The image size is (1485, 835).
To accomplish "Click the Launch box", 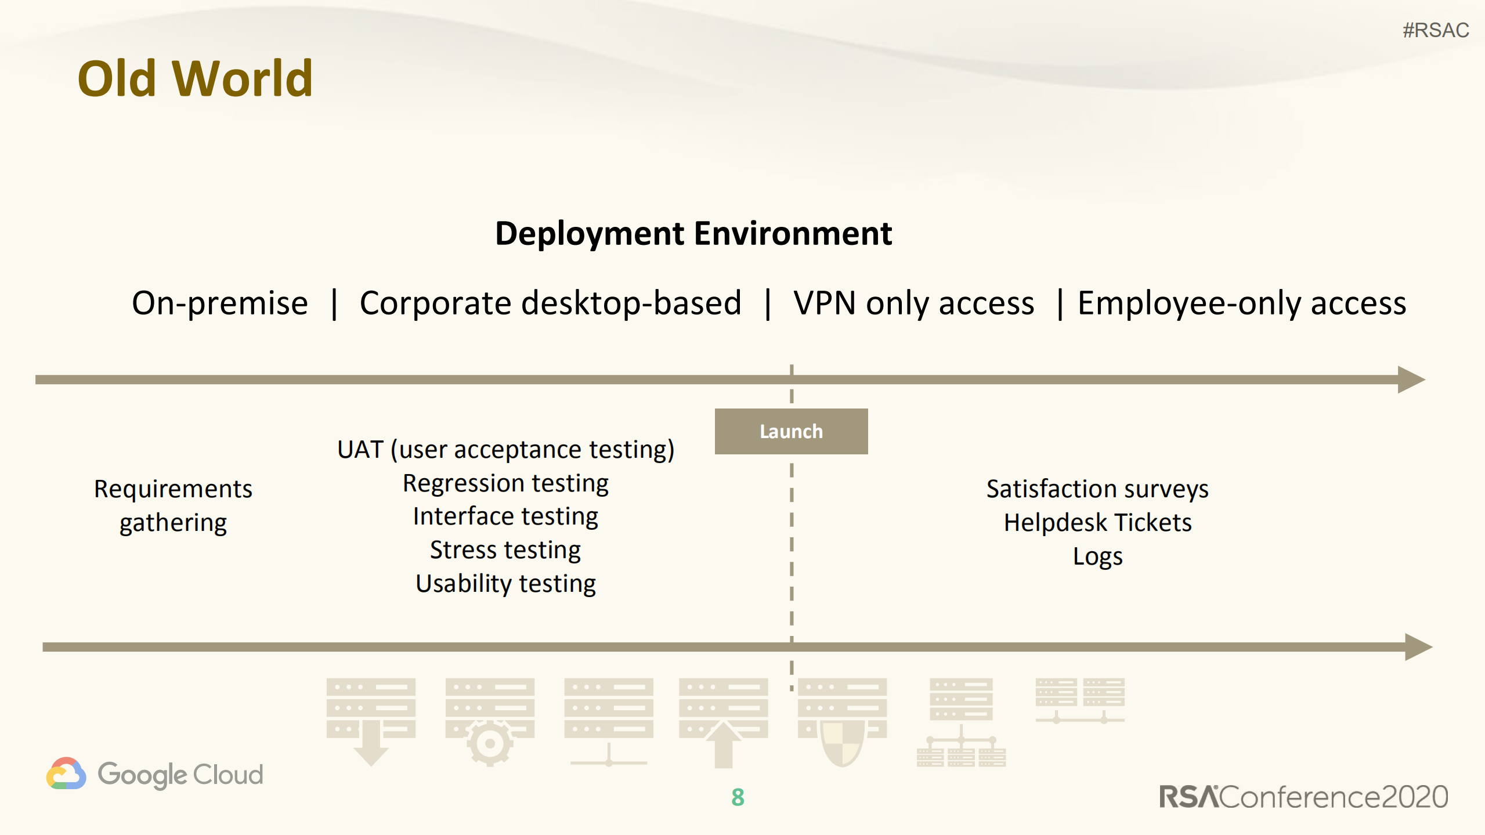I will pos(790,431).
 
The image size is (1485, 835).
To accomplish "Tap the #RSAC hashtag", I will pos(1435,30).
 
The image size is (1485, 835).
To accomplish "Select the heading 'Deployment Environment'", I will pos(693,233).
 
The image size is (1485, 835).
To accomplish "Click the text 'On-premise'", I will pos(219,303).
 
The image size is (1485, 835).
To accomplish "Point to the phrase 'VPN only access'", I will pos(913,303).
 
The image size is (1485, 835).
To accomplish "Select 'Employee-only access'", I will pos(1241,303).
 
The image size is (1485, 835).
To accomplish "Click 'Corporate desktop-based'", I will pos(550,303).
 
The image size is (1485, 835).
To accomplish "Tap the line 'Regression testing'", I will pos(505,483).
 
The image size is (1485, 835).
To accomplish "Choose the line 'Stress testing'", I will pos(505,550).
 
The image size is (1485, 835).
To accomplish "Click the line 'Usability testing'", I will pos(505,583).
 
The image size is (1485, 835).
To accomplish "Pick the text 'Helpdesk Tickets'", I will pos(1097,522).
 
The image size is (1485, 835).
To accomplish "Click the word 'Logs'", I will pos(1097,556).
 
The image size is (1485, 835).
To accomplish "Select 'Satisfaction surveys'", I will pos(1097,489).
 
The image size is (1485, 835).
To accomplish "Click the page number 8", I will pos(738,797).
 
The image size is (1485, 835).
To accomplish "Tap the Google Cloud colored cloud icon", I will pos(66,773).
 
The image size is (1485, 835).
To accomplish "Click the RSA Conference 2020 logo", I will pos(1303,797).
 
